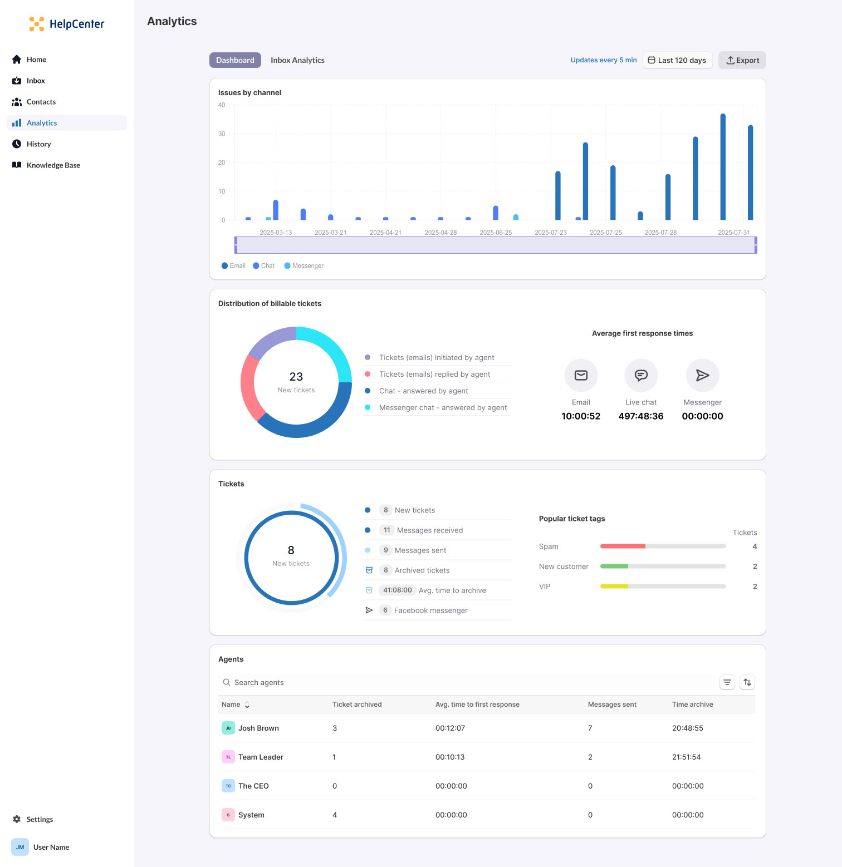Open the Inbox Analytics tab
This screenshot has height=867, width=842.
click(297, 60)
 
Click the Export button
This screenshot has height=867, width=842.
click(742, 60)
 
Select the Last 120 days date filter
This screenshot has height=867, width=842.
click(677, 60)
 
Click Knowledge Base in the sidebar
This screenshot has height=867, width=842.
click(53, 165)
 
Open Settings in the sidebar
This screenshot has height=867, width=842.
click(40, 819)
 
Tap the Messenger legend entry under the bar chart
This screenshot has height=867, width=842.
click(304, 266)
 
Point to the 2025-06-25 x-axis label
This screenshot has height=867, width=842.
click(496, 233)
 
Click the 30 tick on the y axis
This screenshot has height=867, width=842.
click(222, 134)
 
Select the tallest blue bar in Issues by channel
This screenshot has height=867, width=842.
click(723, 167)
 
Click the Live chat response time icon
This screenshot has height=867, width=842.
click(641, 376)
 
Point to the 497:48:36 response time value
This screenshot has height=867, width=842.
click(641, 416)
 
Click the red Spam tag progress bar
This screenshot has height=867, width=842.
click(623, 546)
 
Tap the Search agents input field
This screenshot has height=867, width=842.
click(468, 682)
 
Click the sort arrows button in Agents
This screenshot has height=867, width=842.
click(747, 682)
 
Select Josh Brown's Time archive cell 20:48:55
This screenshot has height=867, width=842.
click(688, 728)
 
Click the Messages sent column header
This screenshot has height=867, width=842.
click(612, 705)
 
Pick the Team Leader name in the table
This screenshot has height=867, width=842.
click(261, 757)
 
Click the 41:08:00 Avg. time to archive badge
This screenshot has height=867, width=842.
click(398, 590)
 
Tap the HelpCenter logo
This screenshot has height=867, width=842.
click(67, 24)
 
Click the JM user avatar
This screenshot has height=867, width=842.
click(20, 847)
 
